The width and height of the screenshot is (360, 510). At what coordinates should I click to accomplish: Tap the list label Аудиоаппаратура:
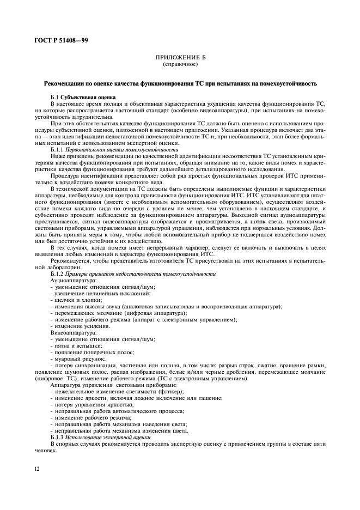coord(74,280)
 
